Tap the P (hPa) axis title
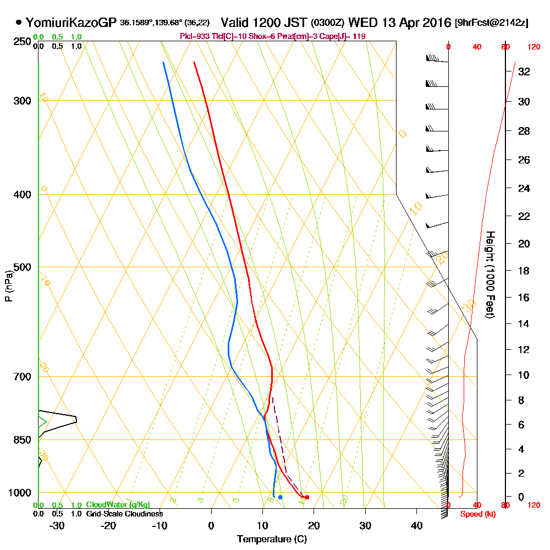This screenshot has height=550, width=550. tap(8, 286)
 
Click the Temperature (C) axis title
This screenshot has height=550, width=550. tap(272, 539)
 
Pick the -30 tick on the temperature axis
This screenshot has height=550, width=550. tap(57, 525)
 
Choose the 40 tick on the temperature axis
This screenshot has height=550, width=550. tap(416, 525)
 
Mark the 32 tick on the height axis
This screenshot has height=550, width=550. tap(524, 71)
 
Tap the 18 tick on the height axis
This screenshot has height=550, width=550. tap(524, 271)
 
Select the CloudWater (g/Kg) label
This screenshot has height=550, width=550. tap(118, 505)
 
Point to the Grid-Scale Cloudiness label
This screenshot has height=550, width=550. tap(124, 514)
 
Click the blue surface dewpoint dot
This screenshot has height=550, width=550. tap(280, 497)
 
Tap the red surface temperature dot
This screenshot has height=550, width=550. tap(307, 497)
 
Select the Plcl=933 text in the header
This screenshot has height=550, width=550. tap(193, 36)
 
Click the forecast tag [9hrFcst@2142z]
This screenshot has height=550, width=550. tap(492, 23)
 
